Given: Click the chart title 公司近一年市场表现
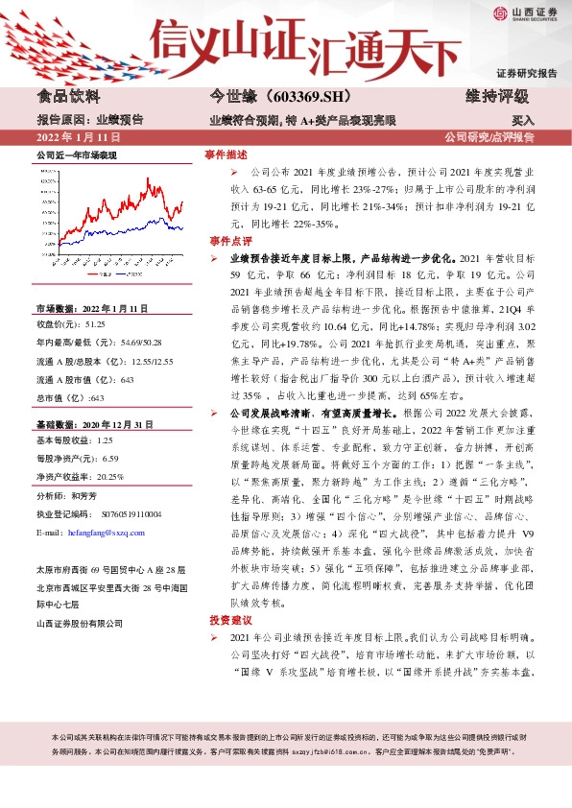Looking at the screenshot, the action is click(x=76, y=154).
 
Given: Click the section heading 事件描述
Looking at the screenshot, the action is click(x=227, y=154).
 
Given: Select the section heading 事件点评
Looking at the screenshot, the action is click(x=227, y=241).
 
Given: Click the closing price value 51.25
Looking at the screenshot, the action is click(x=95, y=326).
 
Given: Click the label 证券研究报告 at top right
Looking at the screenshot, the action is click(x=526, y=73).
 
